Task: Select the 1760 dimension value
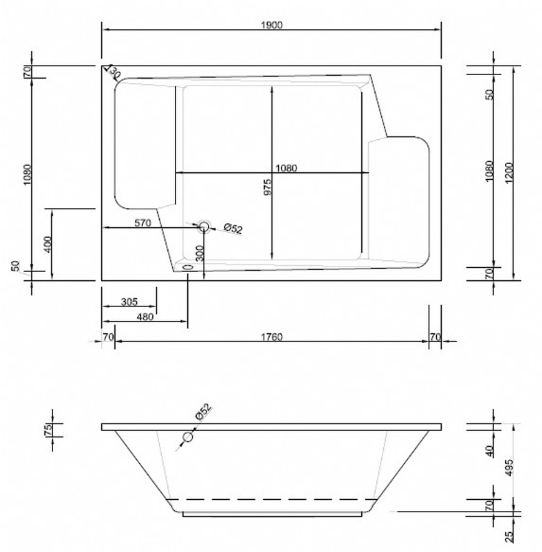[271, 337]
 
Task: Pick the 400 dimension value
[47, 244]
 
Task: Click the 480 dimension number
[145, 317]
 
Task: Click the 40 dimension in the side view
[489, 451]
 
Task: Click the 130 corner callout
[114, 72]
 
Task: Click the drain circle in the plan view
[203, 227]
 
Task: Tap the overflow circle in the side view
[188, 437]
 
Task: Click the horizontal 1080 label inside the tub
[286, 169]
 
